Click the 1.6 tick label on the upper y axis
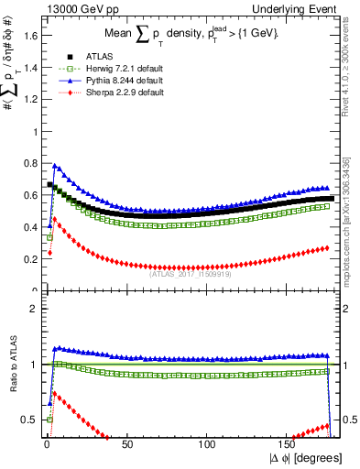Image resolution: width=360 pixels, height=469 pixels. pyautogui.click(x=27, y=36)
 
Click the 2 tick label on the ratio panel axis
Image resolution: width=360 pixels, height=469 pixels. pyautogui.click(x=32, y=309)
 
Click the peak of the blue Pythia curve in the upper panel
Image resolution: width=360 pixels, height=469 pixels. pyautogui.click(x=55, y=166)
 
